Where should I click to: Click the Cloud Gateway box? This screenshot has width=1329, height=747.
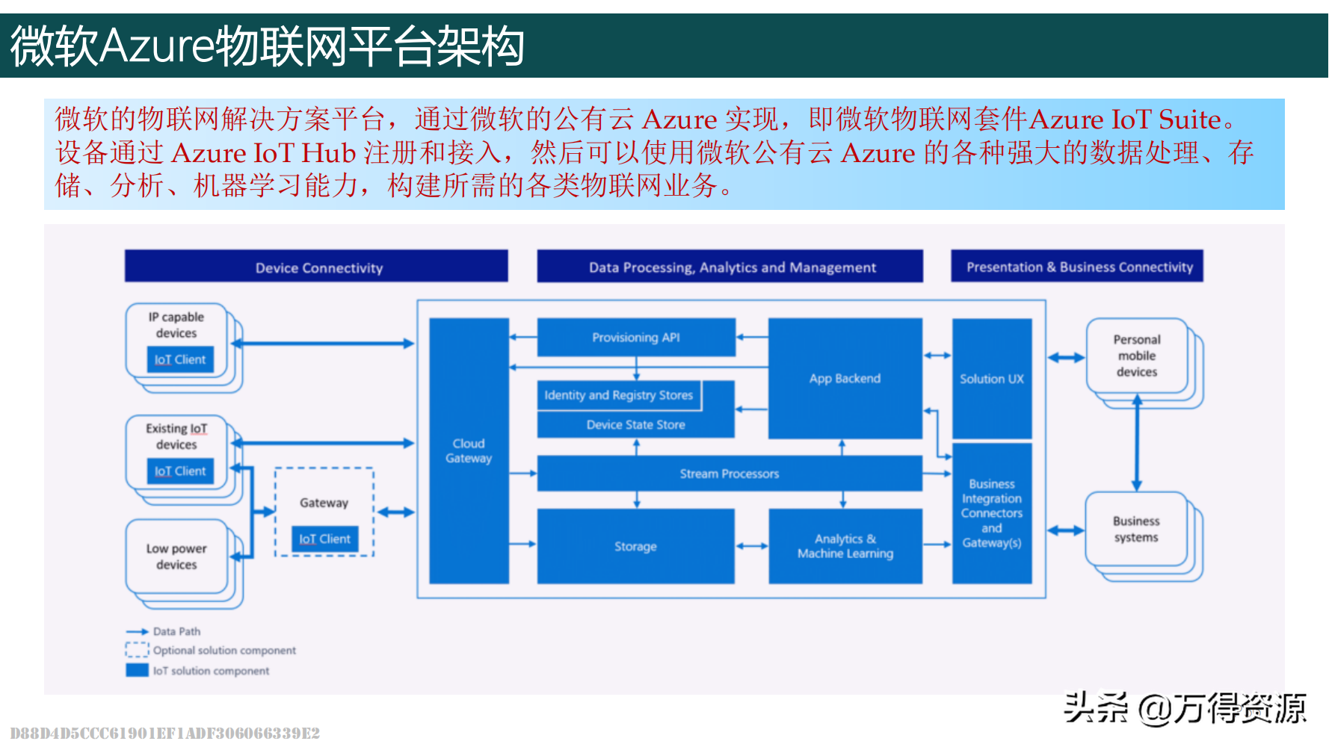tap(469, 450)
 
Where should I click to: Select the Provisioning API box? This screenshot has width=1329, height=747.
tap(636, 338)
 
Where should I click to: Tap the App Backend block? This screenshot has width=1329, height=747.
tap(845, 379)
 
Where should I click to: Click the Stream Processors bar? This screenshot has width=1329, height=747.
tap(729, 474)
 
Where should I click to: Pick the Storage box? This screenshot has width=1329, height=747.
tap(635, 546)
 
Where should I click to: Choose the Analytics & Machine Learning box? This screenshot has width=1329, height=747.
tap(845, 546)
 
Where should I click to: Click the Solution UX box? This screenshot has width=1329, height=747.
tap(992, 379)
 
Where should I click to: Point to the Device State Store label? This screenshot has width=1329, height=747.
tap(635, 425)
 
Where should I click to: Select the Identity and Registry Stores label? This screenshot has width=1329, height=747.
tap(619, 395)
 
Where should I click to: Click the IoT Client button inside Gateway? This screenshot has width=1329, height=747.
tap(324, 539)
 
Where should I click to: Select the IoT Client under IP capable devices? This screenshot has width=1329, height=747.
tap(180, 359)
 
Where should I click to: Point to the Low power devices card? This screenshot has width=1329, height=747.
tap(176, 557)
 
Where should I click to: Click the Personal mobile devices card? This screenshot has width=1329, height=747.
tap(1136, 356)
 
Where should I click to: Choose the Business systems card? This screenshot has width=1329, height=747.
tap(1135, 529)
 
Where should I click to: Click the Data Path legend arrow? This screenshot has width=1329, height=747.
tap(138, 632)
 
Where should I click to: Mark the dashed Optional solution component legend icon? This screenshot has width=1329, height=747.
tap(138, 650)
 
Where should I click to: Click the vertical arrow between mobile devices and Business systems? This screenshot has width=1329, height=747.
tap(1137, 444)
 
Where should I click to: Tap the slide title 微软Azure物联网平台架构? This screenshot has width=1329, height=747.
tap(267, 46)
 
